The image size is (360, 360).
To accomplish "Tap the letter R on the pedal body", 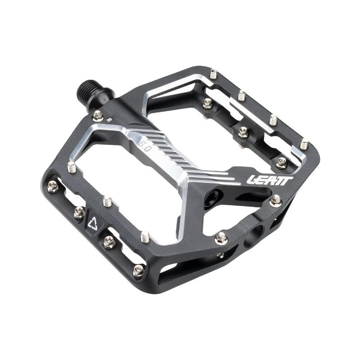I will (x=109, y=120).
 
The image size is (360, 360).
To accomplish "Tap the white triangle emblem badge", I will (x=94, y=221).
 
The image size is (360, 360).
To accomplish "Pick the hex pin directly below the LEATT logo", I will (x=275, y=200).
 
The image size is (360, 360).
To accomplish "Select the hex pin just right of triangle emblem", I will (x=109, y=241).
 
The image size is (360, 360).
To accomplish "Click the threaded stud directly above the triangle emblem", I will (x=107, y=201).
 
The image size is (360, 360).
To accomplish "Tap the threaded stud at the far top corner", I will (x=213, y=74).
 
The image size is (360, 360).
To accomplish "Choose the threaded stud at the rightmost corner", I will (x=304, y=144).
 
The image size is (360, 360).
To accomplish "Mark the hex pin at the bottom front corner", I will (x=139, y=270).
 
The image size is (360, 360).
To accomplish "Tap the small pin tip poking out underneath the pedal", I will (x=220, y=255).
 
